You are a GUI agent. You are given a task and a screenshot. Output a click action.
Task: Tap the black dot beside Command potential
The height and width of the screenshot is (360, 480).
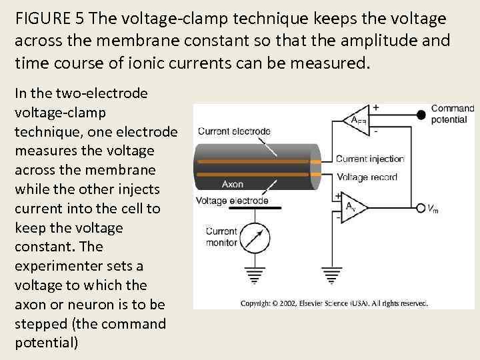click(421, 115)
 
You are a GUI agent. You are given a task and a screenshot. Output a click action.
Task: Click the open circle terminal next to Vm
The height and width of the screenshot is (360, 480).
click(421, 208)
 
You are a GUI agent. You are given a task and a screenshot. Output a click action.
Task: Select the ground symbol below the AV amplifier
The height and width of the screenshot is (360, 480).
click(331, 274)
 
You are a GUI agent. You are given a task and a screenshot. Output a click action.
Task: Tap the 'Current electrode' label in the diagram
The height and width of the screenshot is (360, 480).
click(234, 131)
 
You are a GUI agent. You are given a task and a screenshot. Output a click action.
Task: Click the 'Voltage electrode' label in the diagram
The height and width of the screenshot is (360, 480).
click(233, 200)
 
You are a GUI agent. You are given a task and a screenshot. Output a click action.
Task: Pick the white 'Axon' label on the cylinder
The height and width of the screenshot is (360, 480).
click(233, 184)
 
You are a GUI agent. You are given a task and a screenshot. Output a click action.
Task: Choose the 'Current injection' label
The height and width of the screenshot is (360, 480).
click(370, 159)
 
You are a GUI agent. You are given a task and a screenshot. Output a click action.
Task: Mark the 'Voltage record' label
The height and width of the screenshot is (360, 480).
click(367, 177)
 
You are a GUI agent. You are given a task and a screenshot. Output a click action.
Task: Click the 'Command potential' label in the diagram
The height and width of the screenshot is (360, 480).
click(452, 114)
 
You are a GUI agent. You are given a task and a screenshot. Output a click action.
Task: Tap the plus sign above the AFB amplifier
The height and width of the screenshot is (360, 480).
click(376, 107)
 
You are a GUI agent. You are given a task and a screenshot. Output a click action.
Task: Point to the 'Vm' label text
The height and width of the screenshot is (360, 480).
click(433, 209)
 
